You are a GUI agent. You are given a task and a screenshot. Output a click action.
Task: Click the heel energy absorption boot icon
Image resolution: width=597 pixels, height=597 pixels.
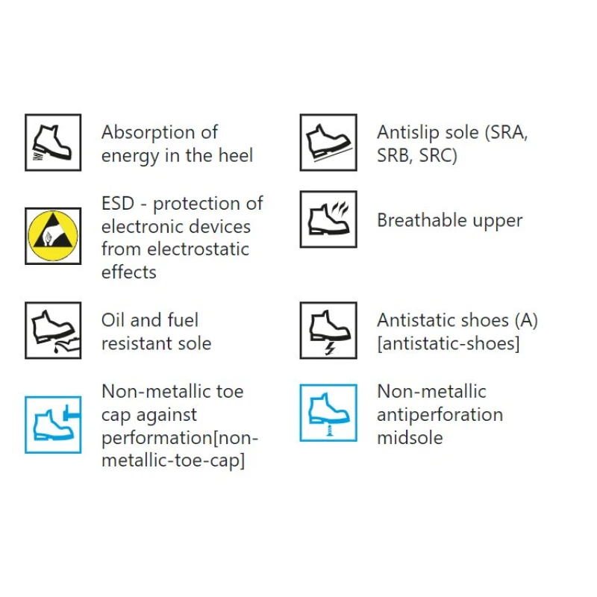pos(53,143)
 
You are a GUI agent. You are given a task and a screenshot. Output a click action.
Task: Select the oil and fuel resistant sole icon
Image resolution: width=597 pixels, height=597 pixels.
pos(53,331)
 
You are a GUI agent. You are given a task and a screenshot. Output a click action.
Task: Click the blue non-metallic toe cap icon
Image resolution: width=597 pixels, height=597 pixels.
pos(53,425)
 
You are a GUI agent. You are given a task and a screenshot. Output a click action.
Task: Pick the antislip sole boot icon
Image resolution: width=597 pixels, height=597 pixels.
pos(328,143)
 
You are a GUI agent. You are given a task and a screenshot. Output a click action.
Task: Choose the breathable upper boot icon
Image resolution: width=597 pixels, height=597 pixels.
pos(328,219)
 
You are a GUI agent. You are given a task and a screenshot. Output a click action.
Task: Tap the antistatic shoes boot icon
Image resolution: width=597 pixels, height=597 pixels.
pos(328,331)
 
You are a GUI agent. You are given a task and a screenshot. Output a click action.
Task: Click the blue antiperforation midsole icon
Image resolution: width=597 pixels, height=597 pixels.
pos(328,413)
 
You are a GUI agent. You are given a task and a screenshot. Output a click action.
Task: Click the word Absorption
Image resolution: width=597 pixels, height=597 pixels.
pos(149,134)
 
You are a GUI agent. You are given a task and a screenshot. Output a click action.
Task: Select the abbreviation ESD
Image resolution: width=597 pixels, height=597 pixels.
pos(118,203)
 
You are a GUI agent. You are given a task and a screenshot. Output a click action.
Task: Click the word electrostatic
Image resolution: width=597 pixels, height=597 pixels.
pos(198,249)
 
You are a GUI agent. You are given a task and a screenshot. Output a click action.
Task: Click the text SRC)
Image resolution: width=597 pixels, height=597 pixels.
pos(438,155)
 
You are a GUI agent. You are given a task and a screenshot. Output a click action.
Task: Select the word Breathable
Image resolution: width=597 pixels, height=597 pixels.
pos(422,219)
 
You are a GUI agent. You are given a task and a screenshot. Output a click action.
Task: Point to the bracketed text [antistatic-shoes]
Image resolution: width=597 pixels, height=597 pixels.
pos(448,343)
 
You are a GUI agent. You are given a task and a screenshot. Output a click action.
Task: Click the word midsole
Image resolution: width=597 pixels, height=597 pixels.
pos(410,437)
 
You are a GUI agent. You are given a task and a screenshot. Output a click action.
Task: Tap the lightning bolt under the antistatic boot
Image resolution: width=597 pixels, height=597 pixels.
pos(330,348)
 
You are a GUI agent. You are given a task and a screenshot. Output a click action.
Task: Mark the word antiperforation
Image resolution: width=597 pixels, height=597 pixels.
pos(440,416)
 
